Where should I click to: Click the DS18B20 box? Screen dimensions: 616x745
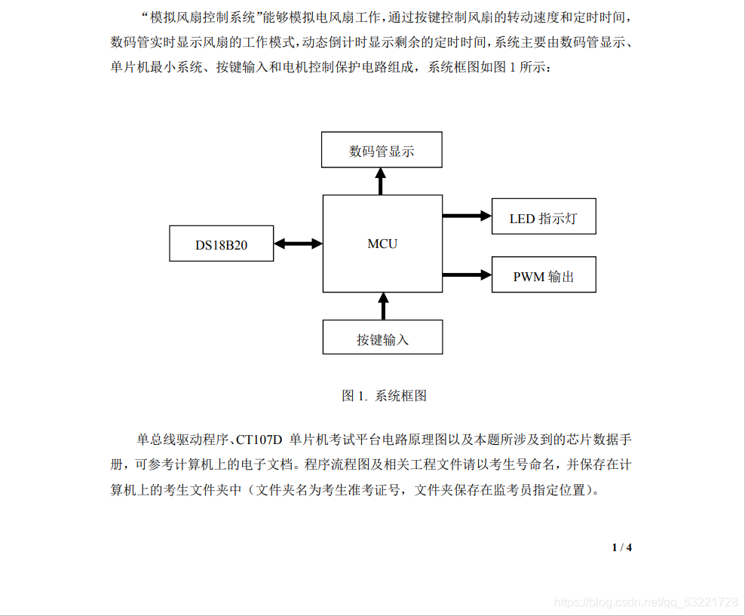click(x=221, y=244)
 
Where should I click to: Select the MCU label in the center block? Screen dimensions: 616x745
click(x=382, y=244)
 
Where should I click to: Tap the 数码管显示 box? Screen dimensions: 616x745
click(x=382, y=150)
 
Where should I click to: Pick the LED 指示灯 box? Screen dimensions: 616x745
click(x=543, y=216)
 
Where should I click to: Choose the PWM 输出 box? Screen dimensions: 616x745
click(x=543, y=275)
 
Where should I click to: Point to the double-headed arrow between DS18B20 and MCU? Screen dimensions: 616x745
click(x=298, y=244)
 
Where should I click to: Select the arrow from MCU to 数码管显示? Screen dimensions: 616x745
click(x=382, y=181)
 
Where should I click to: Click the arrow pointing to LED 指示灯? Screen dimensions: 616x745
click(x=467, y=216)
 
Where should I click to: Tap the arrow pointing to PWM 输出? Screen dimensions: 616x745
click(x=467, y=274)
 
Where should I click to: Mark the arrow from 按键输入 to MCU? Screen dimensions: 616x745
click(x=383, y=306)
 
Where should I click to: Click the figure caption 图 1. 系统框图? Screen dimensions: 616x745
click(x=384, y=395)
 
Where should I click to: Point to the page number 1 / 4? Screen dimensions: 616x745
click(x=621, y=547)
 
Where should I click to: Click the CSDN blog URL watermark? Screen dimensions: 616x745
click(x=645, y=602)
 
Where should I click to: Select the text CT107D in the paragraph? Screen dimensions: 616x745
click(x=259, y=439)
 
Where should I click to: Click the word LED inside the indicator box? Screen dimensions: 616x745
click(x=522, y=219)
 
